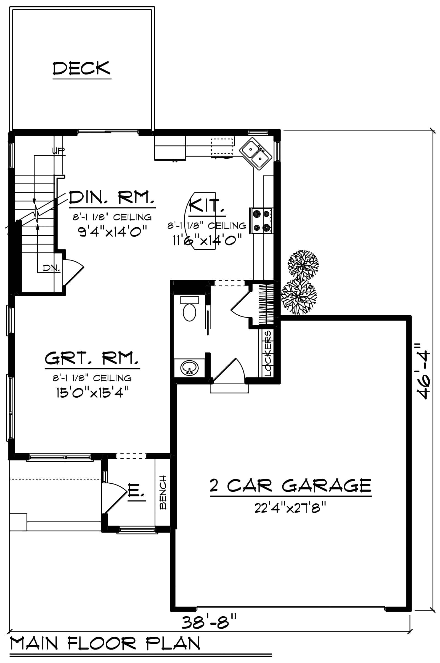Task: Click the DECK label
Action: (x=82, y=68)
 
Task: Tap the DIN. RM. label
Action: (x=112, y=198)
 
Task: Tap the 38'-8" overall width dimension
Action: (x=209, y=622)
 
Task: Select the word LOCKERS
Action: (x=268, y=353)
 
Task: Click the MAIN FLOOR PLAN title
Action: (x=105, y=643)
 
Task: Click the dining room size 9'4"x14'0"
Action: (x=113, y=232)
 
